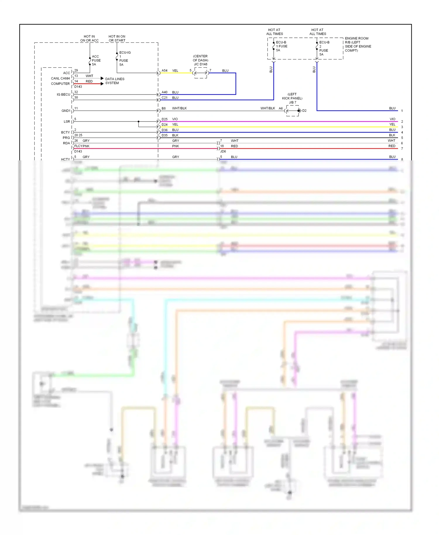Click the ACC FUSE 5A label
pos(96,60)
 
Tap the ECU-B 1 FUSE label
pos(281,46)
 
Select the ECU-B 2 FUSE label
pos(324,48)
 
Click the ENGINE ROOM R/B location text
pos(358,44)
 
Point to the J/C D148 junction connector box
pos(201,73)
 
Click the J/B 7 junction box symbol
pos(293,111)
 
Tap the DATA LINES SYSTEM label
pos(114,81)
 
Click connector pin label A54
pos(164,71)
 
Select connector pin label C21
pos(164,97)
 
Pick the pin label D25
pos(164,119)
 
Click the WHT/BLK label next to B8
pos(179,108)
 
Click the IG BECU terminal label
pos(63,95)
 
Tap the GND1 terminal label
pos(66,111)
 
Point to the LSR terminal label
pos(67,121)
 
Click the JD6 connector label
pos(223,151)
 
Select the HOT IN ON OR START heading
pos(117,38)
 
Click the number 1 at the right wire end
pos(402,111)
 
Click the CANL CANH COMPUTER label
pos(60,81)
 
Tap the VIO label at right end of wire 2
pos(392,119)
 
